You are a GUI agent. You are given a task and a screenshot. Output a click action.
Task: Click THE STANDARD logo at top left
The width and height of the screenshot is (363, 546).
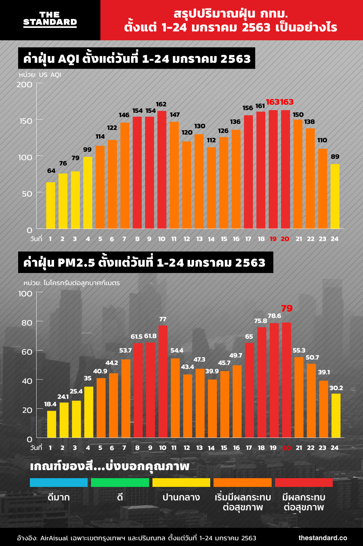click(50, 19)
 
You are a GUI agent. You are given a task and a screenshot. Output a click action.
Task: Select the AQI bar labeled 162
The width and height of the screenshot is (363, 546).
click(162, 170)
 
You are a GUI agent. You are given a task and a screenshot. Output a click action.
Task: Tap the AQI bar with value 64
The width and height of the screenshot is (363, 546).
click(51, 205)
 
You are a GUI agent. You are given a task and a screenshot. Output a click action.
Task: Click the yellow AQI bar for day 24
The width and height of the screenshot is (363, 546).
click(335, 196)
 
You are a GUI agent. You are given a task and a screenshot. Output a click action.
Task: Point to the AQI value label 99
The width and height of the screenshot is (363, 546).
click(87, 150)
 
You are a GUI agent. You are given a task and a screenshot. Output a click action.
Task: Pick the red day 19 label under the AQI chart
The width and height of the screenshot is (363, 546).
click(273, 239)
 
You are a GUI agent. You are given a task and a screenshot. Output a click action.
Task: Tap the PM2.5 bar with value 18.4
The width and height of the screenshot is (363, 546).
click(52, 424)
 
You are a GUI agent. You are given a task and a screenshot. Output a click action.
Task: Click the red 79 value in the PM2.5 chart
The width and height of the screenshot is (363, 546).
click(287, 308)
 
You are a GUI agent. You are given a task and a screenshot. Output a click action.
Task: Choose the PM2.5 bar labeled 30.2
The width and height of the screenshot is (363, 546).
click(336, 415)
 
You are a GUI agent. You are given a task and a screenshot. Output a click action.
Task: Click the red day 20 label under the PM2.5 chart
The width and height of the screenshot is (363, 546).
click(286, 448)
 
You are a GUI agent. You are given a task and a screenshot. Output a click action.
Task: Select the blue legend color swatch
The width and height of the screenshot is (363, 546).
click(59, 483)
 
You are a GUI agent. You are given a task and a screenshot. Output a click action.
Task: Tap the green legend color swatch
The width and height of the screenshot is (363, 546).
click(120, 483)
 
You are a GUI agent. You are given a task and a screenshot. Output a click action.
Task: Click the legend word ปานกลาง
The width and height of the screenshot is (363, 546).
click(181, 497)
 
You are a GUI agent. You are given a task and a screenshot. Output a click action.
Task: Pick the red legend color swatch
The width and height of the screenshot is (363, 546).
click(304, 483)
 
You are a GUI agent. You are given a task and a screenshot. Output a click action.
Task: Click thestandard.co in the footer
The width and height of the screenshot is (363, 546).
click(323, 538)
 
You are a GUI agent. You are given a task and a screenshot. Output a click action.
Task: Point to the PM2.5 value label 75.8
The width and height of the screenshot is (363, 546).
click(261, 321)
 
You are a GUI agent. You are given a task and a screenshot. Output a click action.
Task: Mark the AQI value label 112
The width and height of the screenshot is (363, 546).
click(211, 140)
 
